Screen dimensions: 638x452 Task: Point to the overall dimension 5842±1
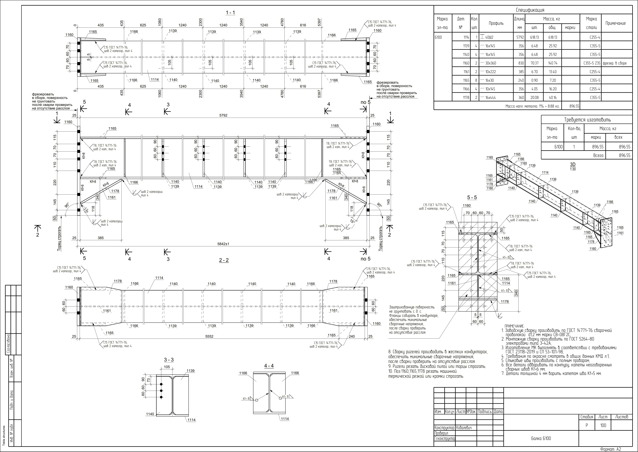(223, 244)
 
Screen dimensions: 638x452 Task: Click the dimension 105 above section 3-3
(167, 367)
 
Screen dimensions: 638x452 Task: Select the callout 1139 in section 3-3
(191, 371)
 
